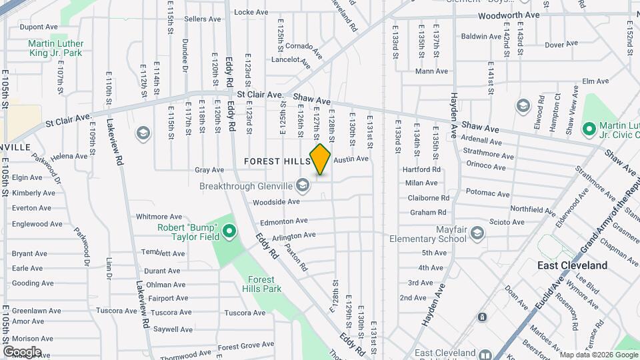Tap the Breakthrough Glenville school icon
click(x=303, y=185)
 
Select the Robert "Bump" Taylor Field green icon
click(x=229, y=232)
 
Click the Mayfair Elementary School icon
click(x=477, y=233)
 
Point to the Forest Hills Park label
click(x=264, y=284)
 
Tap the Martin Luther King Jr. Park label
click(x=55, y=48)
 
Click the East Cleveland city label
click(x=572, y=265)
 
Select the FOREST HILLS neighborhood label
click(x=277, y=161)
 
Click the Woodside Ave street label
click(x=276, y=201)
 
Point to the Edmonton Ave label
click(x=284, y=221)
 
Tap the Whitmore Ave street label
click(x=159, y=217)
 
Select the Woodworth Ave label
click(x=509, y=15)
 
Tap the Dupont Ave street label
click(x=39, y=27)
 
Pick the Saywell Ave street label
click(x=173, y=329)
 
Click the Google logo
click(x=22, y=351)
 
